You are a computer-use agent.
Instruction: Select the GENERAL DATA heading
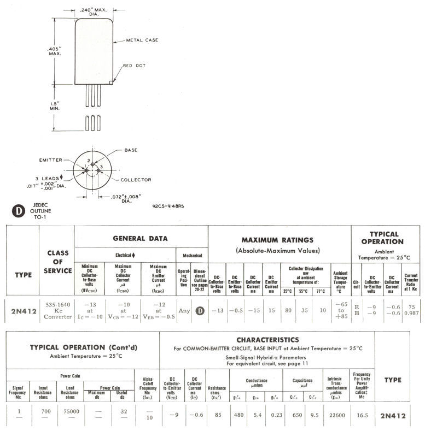point(140,239)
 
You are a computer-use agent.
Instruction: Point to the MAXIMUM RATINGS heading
point(277,240)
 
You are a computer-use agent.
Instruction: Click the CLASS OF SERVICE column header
point(57,261)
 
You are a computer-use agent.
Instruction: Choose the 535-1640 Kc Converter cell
point(57,311)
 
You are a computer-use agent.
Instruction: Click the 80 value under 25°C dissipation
point(287,311)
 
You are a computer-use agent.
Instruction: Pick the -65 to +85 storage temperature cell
point(341,311)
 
